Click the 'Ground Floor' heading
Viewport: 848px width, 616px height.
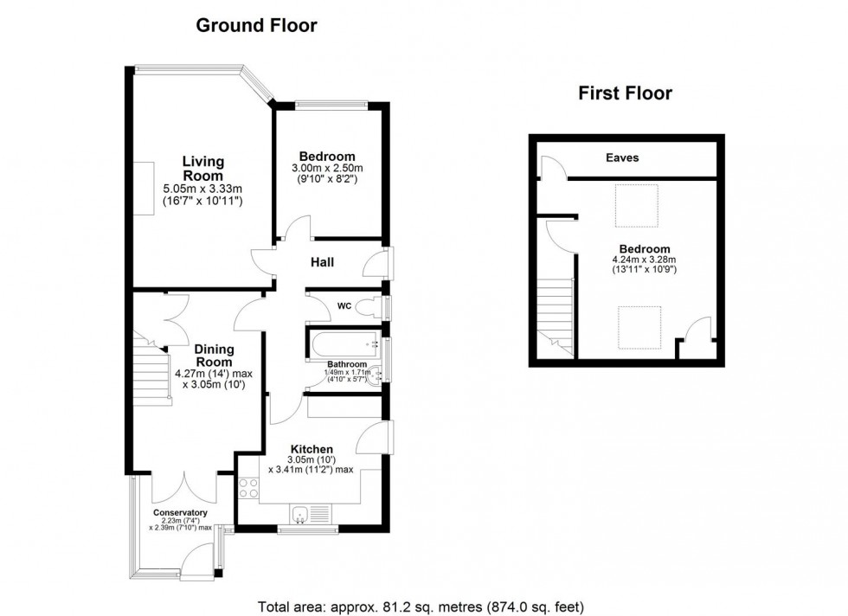pyautogui.click(x=256, y=25)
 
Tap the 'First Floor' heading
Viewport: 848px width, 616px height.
pyautogui.click(x=625, y=93)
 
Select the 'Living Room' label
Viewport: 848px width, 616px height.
pyautogui.click(x=202, y=168)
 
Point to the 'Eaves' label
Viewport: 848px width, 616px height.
pyautogui.click(x=622, y=157)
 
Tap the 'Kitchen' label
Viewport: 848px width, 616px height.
pyautogui.click(x=312, y=449)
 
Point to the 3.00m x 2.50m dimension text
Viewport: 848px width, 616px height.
pyautogui.click(x=327, y=168)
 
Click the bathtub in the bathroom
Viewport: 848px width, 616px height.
pyautogui.click(x=344, y=343)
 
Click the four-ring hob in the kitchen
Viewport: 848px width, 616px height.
pyautogui.click(x=248, y=488)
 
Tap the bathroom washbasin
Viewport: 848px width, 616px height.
pyautogui.click(x=377, y=374)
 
